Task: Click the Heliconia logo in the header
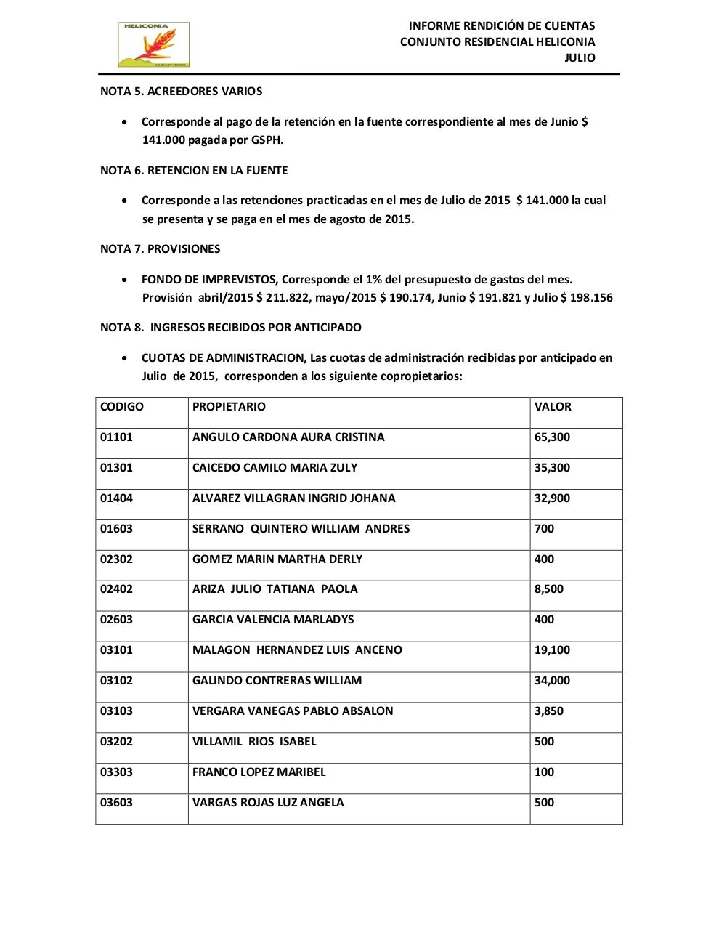pyautogui.click(x=153, y=44)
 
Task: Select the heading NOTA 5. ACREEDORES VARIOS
pyautogui.click(x=181, y=92)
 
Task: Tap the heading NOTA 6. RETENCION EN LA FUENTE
pyautogui.click(x=194, y=171)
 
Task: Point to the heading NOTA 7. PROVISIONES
pyautogui.click(x=160, y=249)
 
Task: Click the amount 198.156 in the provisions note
pyautogui.click(x=591, y=298)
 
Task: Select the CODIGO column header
pyautogui.click(x=122, y=407)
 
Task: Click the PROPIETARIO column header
pyautogui.click(x=229, y=407)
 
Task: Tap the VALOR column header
pyautogui.click(x=553, y=407)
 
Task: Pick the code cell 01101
pyautogui.click(x=116, y=437)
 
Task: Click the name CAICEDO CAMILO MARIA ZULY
pyautogui.click(x=275, y=468)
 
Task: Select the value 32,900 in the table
pyautogui.click(x=552, y=498)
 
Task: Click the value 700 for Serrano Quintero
pyautogui.click(x=544, y=529)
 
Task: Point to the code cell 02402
pyautogui.click(x=116, y=589)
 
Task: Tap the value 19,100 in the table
pyautogui.click(x=552, y=650)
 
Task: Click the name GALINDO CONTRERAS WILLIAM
pyautogui.click(x=277, y=681)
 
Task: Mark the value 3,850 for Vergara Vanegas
pyautogui.click(x=548, y=711)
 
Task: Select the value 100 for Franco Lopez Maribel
pyautogui.click(x=544, y=772)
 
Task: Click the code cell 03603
pyautogui.click(x=116, y=803)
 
